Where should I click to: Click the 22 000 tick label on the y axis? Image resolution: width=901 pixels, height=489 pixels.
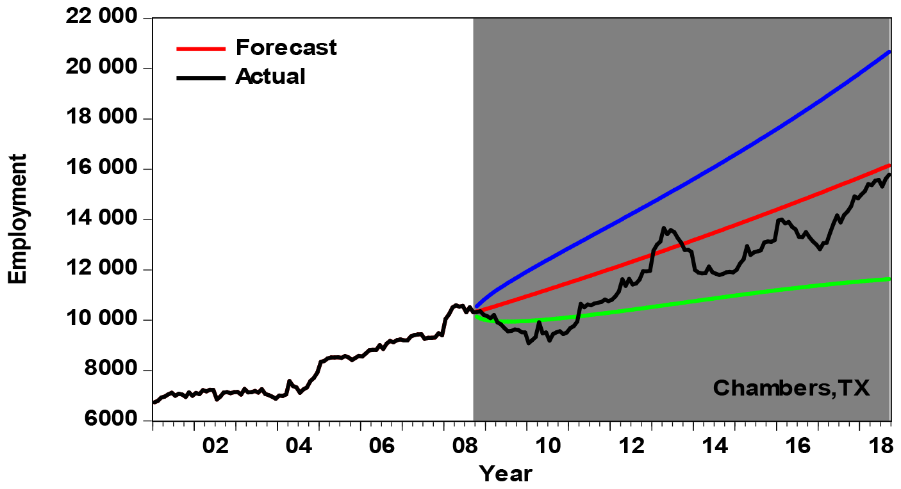click(x=101, y=18)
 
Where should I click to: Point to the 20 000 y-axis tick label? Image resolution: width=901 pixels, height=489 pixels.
click(x=101, y=68)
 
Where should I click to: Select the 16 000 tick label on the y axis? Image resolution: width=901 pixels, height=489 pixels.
click(x=101, y=169)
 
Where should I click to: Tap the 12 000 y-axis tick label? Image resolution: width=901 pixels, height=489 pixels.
click(x=101, y=269)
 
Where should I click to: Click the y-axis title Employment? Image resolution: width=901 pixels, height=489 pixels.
click(x=18, y=219)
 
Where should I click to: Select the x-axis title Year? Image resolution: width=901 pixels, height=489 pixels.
click(x=506, y=474)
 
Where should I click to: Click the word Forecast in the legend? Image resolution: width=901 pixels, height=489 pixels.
click(x=286, y=47)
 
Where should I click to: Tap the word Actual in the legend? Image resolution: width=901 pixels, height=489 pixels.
click(x=270, y=77)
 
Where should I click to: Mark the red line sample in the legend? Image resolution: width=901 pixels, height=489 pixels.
click(x=201, y=48)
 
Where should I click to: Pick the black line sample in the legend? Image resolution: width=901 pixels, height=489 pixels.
click(x=201, y=77)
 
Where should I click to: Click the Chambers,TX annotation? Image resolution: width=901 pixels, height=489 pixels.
click(x=791, y=388)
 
